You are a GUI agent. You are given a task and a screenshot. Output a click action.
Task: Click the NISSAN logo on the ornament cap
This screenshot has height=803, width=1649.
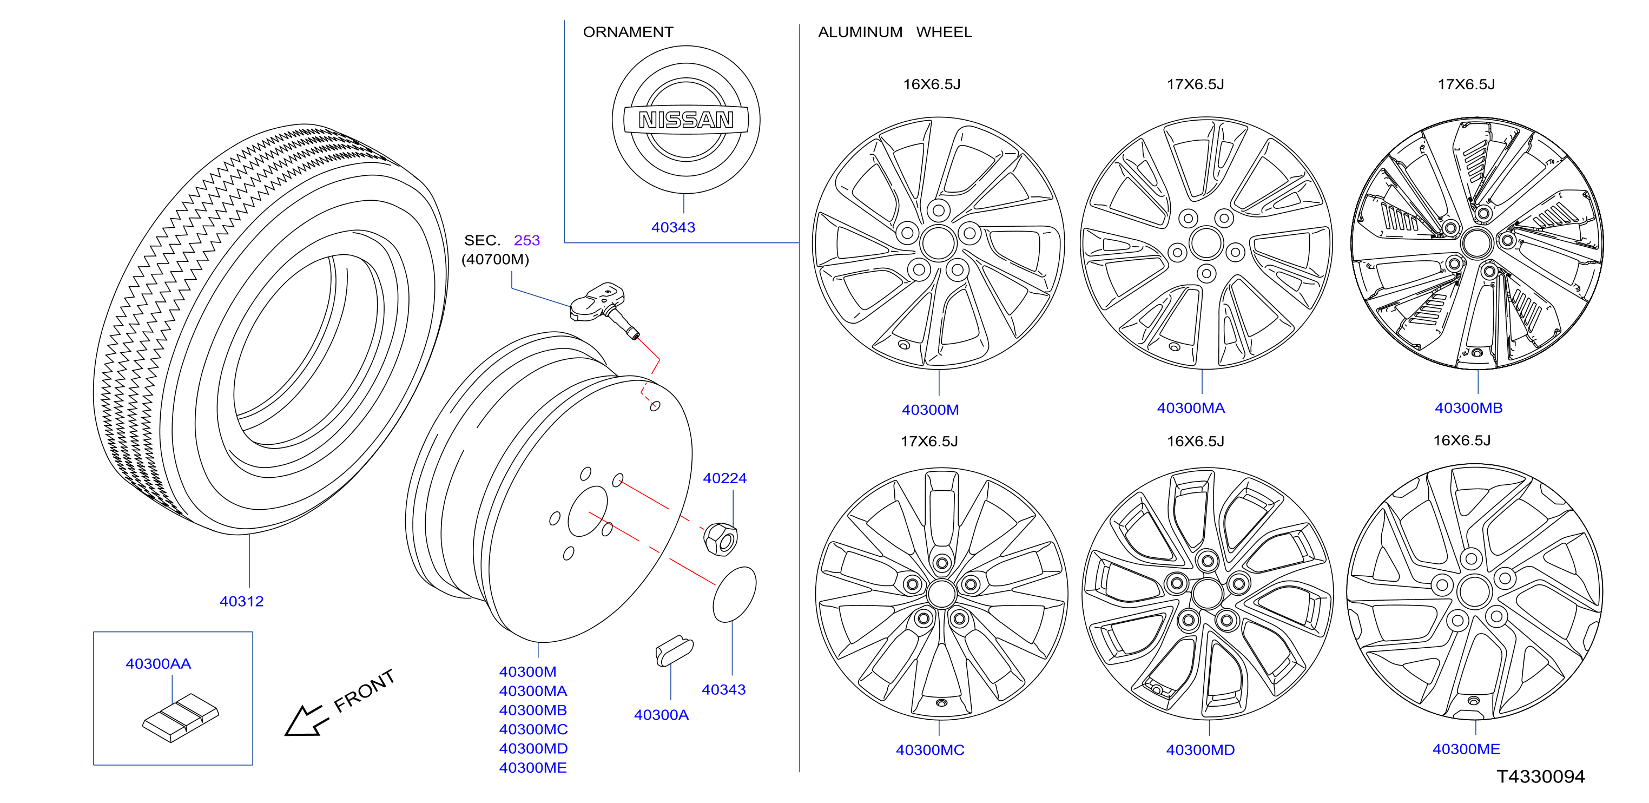coord(685,120)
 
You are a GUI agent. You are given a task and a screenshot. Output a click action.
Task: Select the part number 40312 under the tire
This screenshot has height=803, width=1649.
coord(241,601)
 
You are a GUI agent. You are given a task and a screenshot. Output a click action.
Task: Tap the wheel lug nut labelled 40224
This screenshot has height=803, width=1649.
coord(721,538)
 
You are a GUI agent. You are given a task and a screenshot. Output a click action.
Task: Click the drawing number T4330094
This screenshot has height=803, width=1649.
coord(1540,776)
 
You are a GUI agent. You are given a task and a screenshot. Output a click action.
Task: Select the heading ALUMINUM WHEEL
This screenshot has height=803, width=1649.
coord(895,32)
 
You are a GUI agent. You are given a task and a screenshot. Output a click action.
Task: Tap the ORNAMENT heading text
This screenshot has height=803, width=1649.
coord(628,32)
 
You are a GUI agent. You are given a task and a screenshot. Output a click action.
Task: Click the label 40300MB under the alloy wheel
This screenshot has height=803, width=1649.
coord(1468,408)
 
